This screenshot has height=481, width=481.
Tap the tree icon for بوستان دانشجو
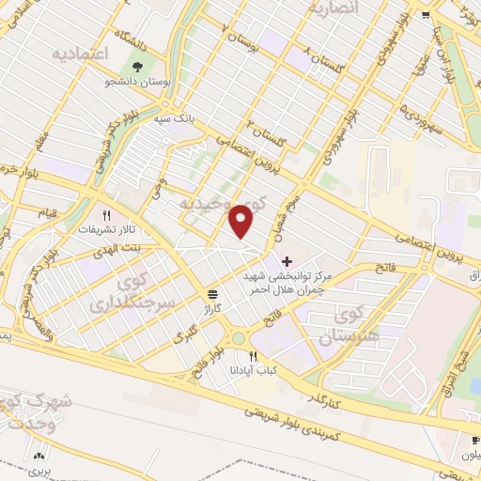138,67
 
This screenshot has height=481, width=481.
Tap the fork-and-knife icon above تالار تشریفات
107,215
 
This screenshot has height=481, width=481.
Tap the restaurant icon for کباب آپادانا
253,356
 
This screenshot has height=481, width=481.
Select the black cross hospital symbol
287,259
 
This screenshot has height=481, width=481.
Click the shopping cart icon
426,14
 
